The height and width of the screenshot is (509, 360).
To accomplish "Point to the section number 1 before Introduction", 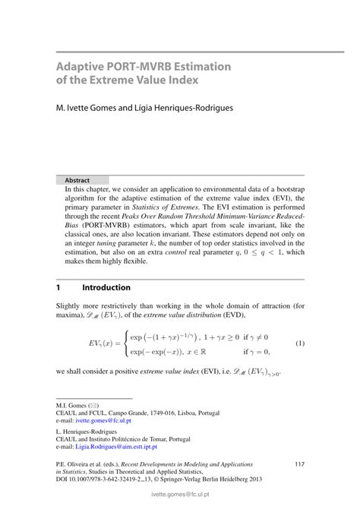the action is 58,288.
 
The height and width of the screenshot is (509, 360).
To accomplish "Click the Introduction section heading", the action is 106,288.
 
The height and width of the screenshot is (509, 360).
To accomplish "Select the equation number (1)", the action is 300,343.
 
